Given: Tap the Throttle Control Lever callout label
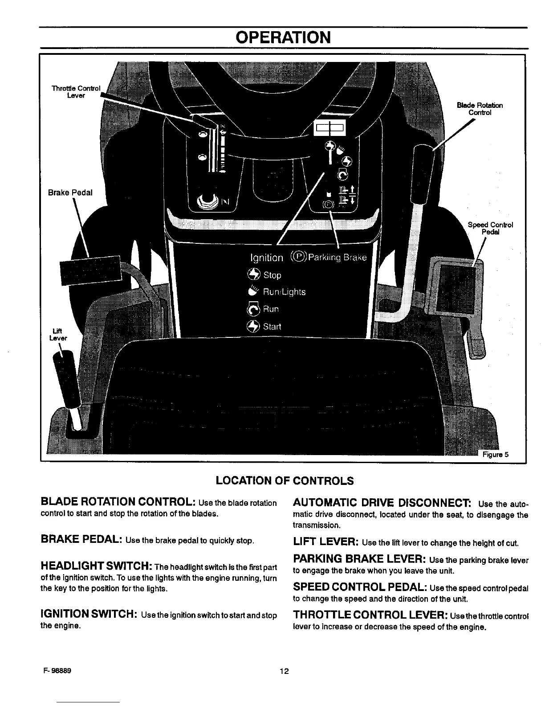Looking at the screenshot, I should (76, 91).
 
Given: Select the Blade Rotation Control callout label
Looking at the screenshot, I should (480, 109).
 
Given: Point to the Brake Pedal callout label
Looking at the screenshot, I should (70, 193).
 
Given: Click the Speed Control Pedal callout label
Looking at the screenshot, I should (490, 228).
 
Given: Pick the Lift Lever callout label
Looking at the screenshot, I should (58, 334).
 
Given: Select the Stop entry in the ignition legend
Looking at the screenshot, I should (272, 275).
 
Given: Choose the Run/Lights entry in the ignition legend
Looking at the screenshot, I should (284, 292).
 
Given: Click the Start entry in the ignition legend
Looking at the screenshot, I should (272, 326).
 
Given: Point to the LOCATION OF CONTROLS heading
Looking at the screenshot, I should (285, 481).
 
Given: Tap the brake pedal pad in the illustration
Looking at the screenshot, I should (91, 271).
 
